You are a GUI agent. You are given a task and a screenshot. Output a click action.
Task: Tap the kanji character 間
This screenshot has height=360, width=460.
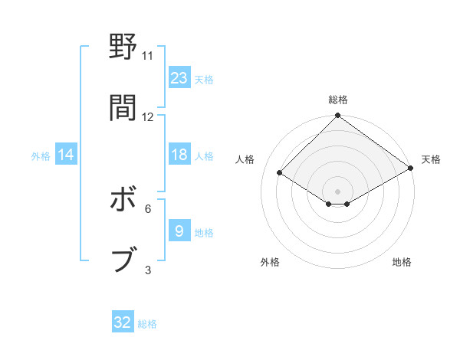(123, 108)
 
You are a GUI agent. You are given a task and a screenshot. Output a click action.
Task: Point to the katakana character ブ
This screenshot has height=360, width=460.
(123, 260)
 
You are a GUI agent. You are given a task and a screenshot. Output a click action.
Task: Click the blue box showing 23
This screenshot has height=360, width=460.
(179, 78)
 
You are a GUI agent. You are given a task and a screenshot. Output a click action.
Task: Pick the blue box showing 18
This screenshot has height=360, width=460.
(179, 155)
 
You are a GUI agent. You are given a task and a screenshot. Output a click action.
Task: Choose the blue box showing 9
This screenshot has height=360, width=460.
(179, 231)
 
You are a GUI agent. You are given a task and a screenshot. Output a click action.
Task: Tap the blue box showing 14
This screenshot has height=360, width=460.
(66, 155)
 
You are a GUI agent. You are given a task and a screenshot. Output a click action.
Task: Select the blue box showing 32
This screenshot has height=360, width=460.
(123, 322)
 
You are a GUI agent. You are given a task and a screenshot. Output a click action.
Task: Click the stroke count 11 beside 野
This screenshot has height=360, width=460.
(148, 56)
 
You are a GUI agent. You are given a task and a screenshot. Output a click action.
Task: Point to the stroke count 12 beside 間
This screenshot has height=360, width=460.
(148, 117)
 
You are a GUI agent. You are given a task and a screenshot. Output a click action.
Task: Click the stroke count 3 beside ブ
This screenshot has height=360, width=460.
(148, 270)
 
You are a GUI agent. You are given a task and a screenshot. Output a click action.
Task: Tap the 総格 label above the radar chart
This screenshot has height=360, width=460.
(338, 100)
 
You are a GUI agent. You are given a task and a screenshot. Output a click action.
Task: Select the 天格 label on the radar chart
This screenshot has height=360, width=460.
(431, 160)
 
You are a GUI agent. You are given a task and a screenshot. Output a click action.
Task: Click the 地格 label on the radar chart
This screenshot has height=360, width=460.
(402, 262)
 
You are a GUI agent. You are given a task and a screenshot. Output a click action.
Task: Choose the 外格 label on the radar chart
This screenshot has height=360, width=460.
(270, 262)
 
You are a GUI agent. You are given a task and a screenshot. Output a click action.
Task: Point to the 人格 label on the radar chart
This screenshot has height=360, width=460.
(245, 160)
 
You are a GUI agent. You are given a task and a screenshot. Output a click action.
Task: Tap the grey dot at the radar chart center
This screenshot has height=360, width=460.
(338, 191)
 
